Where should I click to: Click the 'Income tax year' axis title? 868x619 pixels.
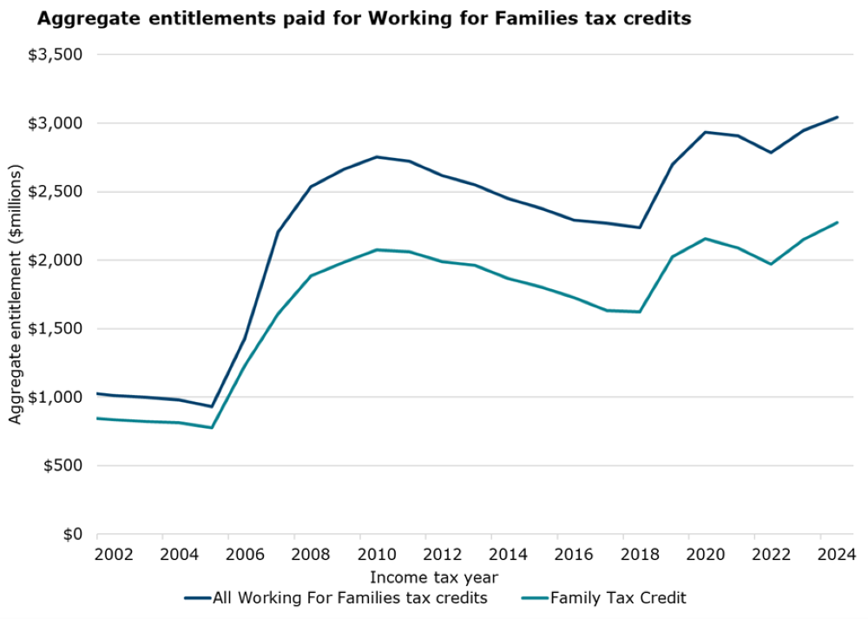pyautogui.click(x=434, y=576)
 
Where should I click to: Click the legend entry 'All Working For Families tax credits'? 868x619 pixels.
pyautogui.click(x=350, y=597)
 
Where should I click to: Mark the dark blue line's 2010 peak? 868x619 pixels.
pyautogui.click(x=377, y=157)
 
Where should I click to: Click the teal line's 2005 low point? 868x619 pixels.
pyautogui.click(x=212, y=428)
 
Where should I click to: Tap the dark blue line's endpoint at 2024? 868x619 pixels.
pyautogui.click(x=837, y=117)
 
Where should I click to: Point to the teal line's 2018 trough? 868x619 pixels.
pyautogui.click(x=640, y=312)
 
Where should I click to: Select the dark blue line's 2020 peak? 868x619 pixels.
pyautogui.click(x=705, y=132)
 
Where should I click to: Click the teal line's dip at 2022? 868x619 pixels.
pyautogui.click(x=771, y=264)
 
